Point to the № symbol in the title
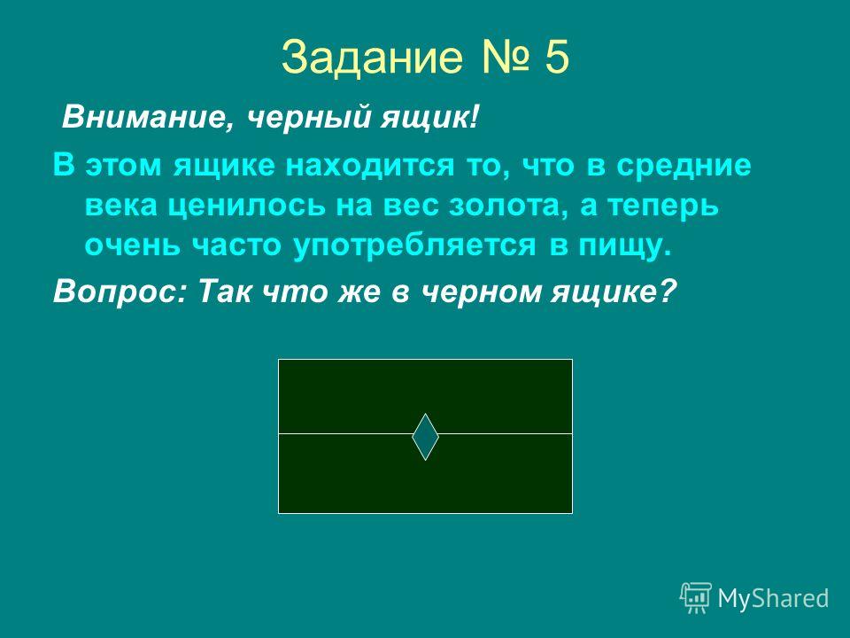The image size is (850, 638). click(504, 57)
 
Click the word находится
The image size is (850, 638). click(369, 166)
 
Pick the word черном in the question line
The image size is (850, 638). click(482, 292)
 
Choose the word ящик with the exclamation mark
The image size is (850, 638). click(429, 118)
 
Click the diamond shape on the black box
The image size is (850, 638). click(426, 437)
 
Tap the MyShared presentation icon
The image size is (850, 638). click(696, 598)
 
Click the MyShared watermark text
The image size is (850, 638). click(773, 598)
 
